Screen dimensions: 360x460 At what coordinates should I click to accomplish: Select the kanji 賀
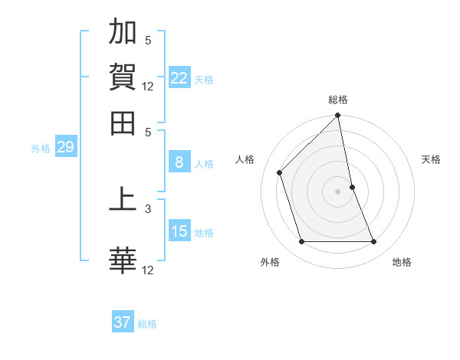tap(123, 77)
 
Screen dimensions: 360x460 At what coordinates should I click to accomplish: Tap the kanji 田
tap(123, 122)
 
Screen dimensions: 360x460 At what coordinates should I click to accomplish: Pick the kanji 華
tap(123, 260)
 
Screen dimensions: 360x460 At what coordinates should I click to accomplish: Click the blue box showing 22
tap(179, 78)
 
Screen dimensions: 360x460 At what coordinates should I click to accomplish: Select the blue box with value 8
tap(179, 162)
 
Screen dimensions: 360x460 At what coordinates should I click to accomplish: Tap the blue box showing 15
tap(179, 231)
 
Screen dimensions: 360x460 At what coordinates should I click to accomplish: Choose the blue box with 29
tap(65, 147)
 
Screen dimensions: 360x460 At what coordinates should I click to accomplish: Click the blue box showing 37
tap(123, 322)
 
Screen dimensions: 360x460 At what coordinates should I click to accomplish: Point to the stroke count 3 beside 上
tap(148, 208)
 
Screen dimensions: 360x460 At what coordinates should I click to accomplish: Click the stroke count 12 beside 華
tap(148, 270)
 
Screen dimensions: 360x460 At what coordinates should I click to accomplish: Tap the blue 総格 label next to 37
tap(147, 324)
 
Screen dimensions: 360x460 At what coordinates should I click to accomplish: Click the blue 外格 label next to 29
tap(41, 149)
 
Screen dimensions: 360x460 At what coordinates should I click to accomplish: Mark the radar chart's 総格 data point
tap(337, 116)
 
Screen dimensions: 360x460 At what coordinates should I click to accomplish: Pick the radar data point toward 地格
tap(374, 242)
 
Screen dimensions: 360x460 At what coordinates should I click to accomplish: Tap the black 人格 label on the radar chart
tap(245, 159)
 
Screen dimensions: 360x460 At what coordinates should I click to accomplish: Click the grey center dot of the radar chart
tap(337, 191)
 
